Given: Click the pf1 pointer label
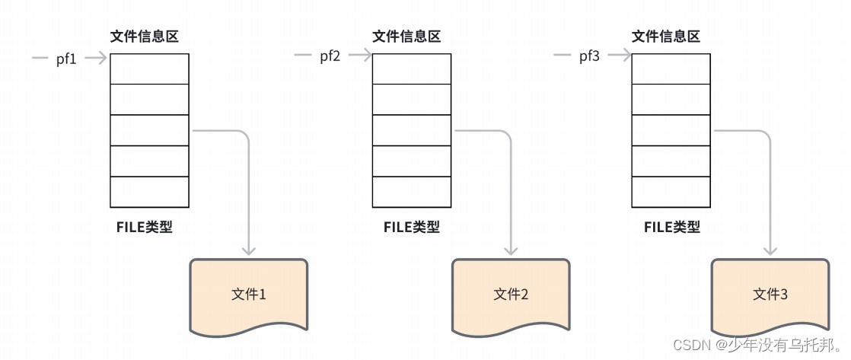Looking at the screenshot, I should coord(67,59).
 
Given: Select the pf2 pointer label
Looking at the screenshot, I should coord(330,56).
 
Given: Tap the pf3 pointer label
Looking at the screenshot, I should coord(589,56).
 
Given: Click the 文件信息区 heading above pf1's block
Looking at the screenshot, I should coord(145,37).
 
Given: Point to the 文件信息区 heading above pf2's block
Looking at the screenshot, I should coord(406,37).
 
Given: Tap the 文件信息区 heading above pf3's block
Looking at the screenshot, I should coord(666,37).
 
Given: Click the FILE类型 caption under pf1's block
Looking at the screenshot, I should coord(144,227).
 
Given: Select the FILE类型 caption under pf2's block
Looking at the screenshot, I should coord(411,227).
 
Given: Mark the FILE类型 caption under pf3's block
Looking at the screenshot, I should coord(671,227).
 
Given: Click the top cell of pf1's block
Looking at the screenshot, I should coord(149,68).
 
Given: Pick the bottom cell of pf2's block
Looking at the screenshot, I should coord(411,192).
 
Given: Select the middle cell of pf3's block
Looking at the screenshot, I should coord(671,130).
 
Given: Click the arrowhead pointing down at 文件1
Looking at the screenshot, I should coord(249,250).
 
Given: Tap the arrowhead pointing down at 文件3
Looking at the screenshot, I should coord(770,250).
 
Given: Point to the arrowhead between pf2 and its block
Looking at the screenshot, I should coord(365,55).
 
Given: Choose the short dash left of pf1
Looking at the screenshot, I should coord(40,58).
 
